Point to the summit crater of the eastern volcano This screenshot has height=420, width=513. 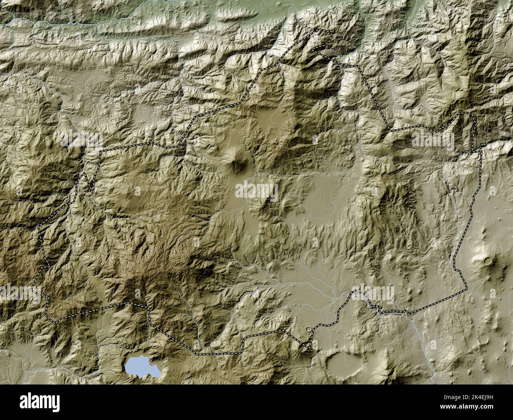[x=488, y=260]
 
